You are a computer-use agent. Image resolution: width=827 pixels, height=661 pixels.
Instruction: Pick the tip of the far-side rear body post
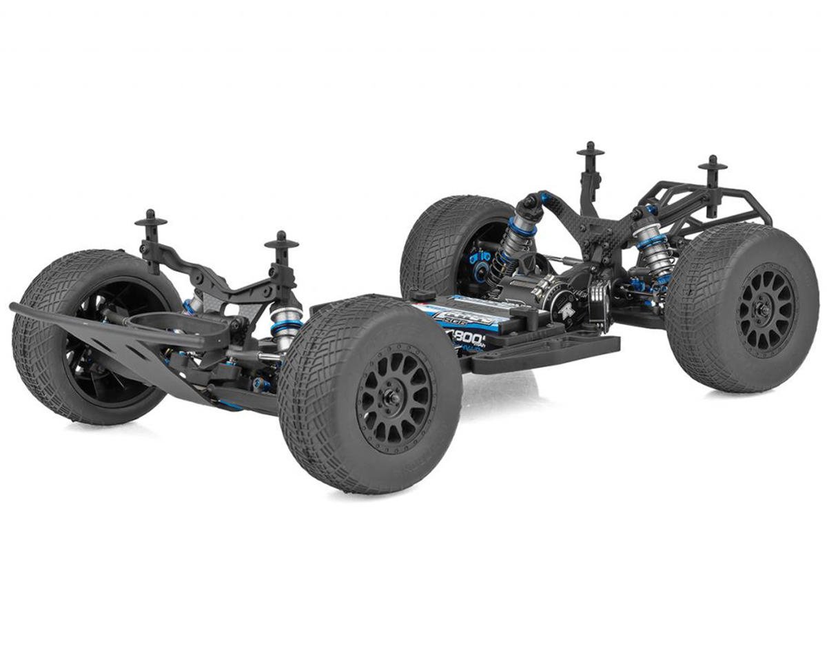point(591,148)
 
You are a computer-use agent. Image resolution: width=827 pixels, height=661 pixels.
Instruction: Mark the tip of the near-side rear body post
point(712,163)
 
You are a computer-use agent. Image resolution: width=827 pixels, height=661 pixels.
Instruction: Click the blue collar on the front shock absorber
point(286,325)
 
